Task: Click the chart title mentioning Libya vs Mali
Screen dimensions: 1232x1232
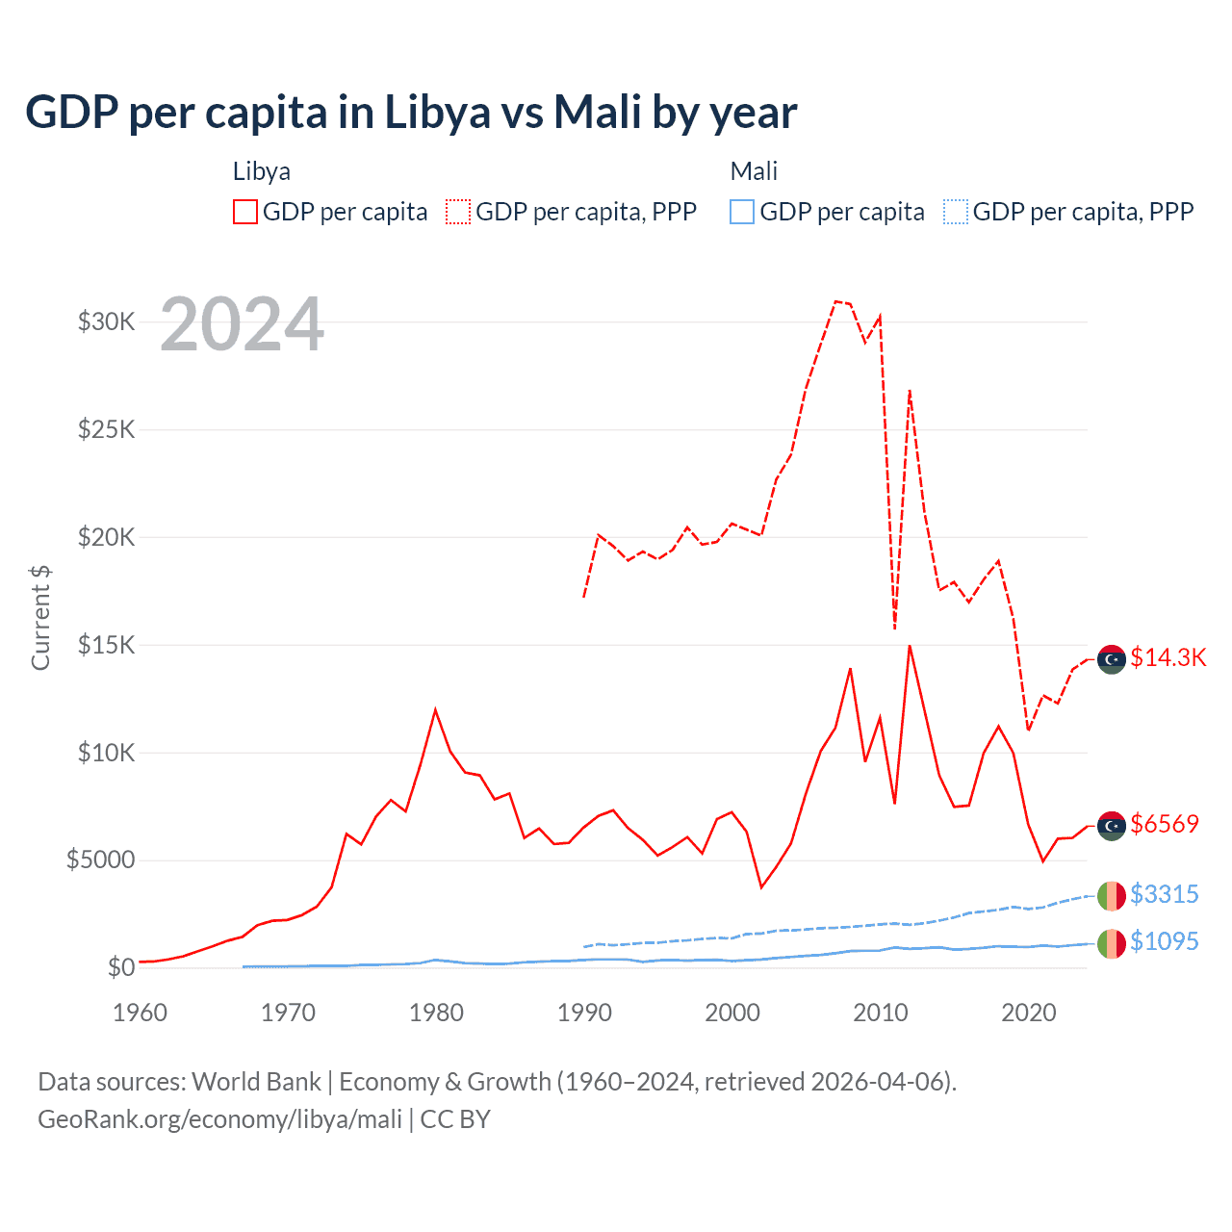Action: point(411,113)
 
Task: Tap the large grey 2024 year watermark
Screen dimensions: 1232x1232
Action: point(242,324)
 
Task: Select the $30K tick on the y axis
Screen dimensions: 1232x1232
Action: point(106,321)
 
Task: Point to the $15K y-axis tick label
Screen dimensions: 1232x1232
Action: point(106,645)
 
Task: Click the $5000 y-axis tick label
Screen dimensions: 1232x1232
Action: point(100,860)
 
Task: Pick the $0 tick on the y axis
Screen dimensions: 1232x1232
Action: point(120,967)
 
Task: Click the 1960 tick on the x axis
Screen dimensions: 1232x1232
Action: point(141,1013)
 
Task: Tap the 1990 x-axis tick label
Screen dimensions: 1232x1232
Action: point(584,1013)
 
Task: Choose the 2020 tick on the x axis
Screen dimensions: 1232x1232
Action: point(1029,1013)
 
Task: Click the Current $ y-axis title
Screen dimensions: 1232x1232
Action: point(40,618)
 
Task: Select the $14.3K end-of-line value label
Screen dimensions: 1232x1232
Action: point(1168,657)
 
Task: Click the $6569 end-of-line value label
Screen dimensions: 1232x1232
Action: point(1165,824)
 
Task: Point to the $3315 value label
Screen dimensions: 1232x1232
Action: point(1165,894)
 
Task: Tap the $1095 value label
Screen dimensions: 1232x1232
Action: point(1165,941)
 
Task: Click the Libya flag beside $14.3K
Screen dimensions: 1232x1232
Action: point(1112,659)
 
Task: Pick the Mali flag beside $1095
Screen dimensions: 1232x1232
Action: point(1112,943)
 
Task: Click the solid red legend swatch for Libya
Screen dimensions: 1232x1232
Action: point(245,212)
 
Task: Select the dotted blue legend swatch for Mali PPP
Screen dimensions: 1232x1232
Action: point(956,212)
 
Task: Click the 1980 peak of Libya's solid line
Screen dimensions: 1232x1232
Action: point(435,710)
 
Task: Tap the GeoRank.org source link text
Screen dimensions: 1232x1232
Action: point(219,1119)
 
